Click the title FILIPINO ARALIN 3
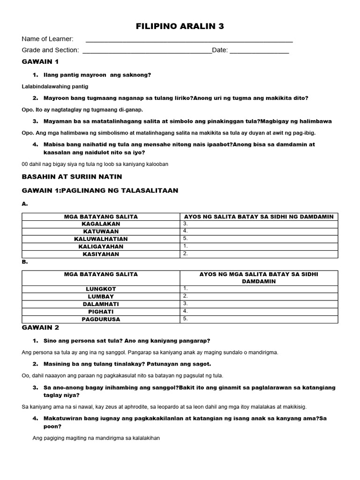[x=180, y=27]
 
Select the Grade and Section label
[x=50, y=50]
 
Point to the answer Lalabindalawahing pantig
[x=55, y=86]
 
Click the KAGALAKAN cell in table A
[x=101, y=224]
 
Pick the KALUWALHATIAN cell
[x=101, y=239]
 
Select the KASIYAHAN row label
[x=101, y=254]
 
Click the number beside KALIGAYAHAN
[x=186, y=246]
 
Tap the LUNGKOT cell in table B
[x=101, y=289]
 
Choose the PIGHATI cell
[x=101, y=311]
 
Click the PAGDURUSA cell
[x=101, y=319]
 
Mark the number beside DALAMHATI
[x=186, y=303]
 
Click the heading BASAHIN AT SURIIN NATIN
[x=72, y=176]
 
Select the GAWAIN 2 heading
[x=40, y=328]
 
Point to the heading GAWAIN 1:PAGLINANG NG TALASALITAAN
[x=100, y=190]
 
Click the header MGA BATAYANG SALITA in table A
[x=101, y=217]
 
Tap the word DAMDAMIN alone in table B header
[x=259, y=281]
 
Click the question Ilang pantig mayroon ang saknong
[x=97, y=75]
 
